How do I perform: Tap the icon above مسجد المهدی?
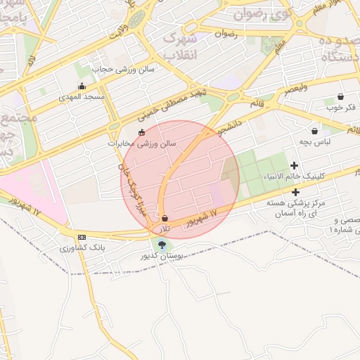pyautogui.click(x=82, y=87)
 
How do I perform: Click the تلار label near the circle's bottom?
pyautogui.click(x=163, y=229)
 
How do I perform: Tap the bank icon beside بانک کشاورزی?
pyautogui.click(x=82, y=237)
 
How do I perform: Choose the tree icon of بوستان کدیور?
pyautogui.click(x=163, y=245)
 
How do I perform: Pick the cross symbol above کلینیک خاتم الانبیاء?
pyautogui.click(x=294, y=165)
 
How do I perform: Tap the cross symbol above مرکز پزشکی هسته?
pyautogui.click(x=295, y=192)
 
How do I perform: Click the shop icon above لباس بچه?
pyautogui.click(x=314, y=130)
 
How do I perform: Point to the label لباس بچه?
pyautogui.click(x=314, y=141)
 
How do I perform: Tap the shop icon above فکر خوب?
pyautogui.click(x=340, y=97)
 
